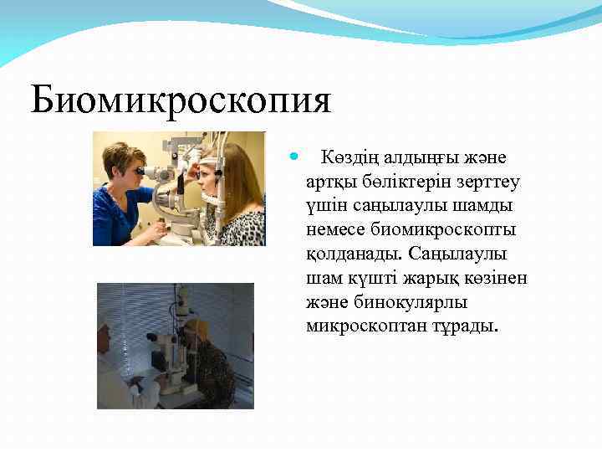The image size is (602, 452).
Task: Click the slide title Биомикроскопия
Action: (x=181, y=101)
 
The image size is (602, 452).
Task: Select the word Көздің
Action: (x=349, y=158)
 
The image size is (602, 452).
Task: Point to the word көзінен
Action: (x=497, y=277)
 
